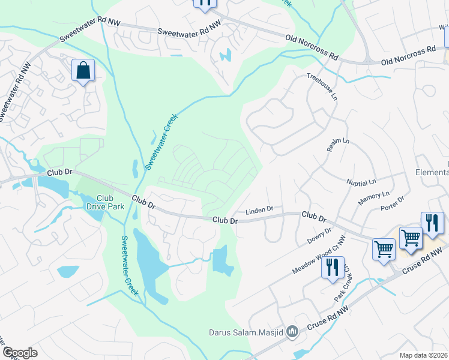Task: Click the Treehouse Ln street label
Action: click(322, 86)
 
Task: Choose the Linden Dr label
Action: click(259, 211)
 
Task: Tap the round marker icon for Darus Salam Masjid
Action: click(292, 331)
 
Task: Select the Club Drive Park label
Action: click(105, 202)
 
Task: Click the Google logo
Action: click(20, 352)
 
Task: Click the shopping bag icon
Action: click(83, 70)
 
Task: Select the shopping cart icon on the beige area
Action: click(411, 237)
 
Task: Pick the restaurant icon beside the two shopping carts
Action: click(432, 223)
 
